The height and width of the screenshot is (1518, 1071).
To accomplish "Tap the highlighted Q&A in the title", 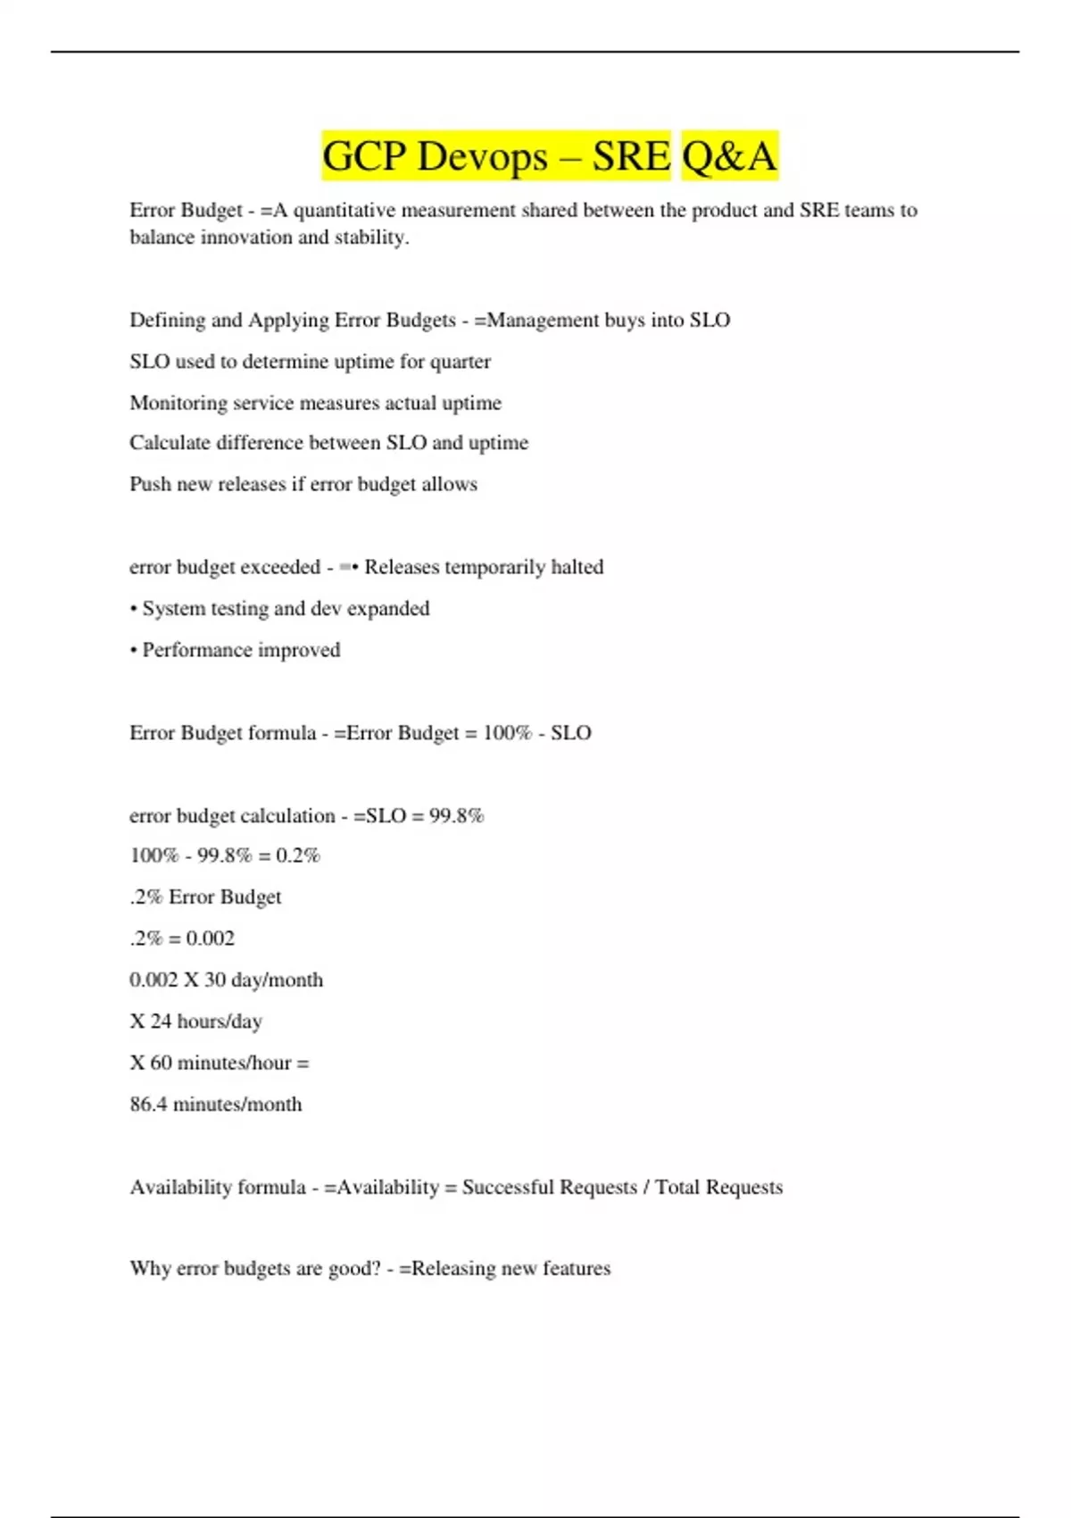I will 729,157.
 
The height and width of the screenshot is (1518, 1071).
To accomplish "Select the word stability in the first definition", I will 370,238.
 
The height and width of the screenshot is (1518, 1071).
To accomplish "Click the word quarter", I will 461,362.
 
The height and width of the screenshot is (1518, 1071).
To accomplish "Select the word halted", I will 577,567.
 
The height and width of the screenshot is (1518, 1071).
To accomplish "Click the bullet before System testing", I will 134,609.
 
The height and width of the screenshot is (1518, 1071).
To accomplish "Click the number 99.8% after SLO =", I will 456,816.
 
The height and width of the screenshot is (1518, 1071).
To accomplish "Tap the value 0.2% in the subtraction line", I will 297,855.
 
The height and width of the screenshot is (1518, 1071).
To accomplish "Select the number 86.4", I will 148,1105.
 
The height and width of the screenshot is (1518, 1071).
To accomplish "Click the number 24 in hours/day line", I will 161,1022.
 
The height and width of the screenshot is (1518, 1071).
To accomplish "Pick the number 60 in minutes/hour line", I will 161,1063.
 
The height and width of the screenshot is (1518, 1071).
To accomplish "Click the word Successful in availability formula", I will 504,1188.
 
